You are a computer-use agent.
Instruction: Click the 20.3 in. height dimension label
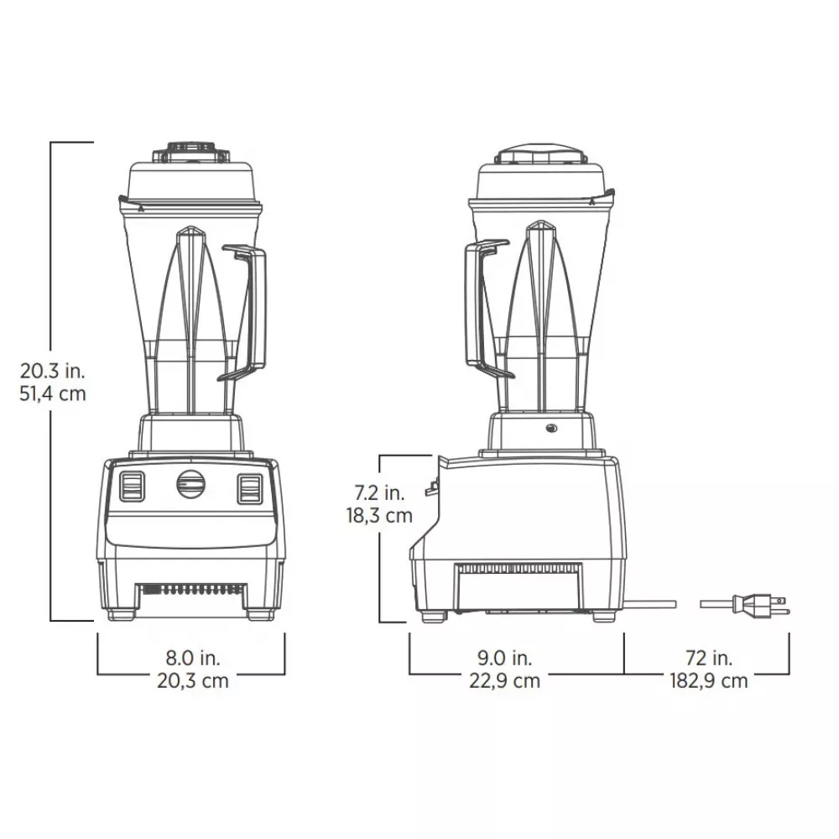pyautogui.click(x=52, y=369)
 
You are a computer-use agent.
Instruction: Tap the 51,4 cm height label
pyautogui.click(x=52, y=393)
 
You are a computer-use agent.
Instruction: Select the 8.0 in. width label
pyautogui.click(x=191, y=657)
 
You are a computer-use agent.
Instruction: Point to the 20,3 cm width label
pyautogui.click(x=191, y=680)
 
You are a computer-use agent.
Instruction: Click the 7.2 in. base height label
pyautogui.click(x=379, y=492)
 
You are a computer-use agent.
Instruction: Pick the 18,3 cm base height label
pyautogui.click(x=379, y=515)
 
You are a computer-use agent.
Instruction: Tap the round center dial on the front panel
pyautogui.click(x=190, y=484)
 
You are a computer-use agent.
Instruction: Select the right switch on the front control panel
pyautogui.click(x=249, y=487)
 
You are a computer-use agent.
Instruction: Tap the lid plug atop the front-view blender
pyautogui.click(x=190, y=152)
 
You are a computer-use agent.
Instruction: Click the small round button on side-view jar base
pyautogui.click(x=551, y=429)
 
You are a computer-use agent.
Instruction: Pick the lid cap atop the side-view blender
pyautogui.click(x=541, y=155)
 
